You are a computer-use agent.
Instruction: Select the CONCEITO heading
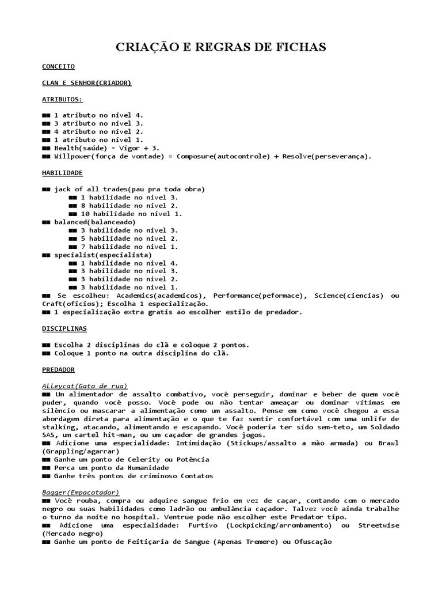click(59, 67)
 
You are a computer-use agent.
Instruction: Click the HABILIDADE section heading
click(62, 172)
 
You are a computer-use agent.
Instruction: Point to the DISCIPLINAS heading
click(64, 328)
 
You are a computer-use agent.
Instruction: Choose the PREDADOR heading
click(58, 369)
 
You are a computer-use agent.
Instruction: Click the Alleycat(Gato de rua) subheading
click(85, 385)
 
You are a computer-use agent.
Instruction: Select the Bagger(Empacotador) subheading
click(81, 493)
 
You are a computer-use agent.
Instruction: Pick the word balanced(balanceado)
click(95, 222)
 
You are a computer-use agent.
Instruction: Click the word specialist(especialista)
click(103, 254)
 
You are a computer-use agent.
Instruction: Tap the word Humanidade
click(143, 468)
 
